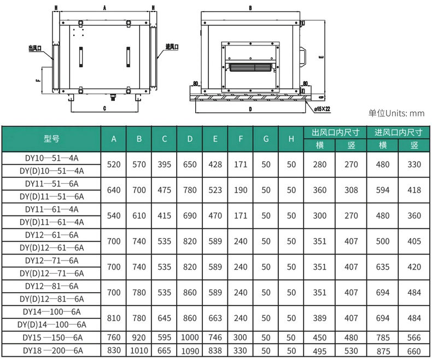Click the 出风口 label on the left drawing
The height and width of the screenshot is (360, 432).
[35, 48]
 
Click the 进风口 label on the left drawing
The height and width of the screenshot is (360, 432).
[172, 47]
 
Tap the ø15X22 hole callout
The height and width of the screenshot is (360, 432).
[322, 109]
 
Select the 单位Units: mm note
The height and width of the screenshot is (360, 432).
[396, 113]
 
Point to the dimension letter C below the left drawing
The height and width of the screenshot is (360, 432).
[104, 109]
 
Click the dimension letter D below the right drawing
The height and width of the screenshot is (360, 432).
[250, 109]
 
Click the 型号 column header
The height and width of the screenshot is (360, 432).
[51, 138]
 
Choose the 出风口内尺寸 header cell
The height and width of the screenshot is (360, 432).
[335, 132]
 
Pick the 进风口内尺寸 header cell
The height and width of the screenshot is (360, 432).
[399, 132]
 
